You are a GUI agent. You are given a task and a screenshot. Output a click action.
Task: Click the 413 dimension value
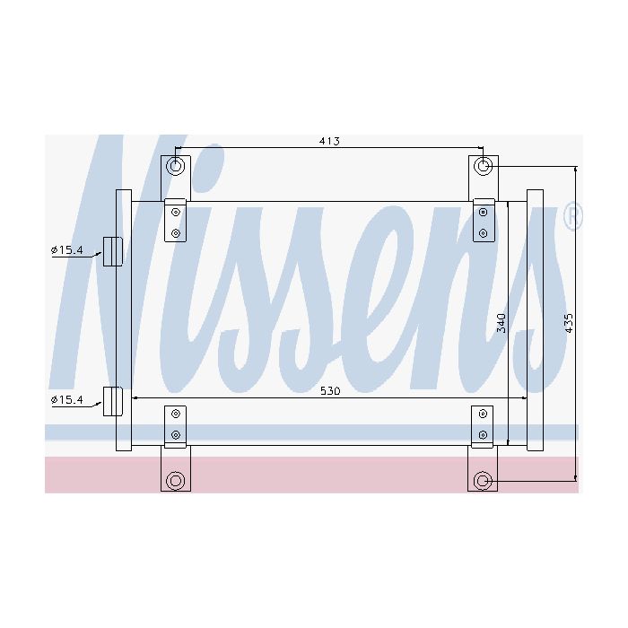tap(329, 141)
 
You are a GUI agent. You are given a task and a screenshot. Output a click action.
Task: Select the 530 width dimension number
tap(330, 390)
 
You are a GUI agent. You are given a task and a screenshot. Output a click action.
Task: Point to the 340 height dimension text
tap(501, 323)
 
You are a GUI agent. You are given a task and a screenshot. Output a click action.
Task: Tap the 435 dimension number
tap(569, 323)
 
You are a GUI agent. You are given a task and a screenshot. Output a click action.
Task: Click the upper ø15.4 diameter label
tap(67, 250)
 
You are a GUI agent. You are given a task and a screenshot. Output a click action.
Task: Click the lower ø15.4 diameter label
tap(67, 399)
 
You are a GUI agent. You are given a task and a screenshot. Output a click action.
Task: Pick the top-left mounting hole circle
tap(176, 166)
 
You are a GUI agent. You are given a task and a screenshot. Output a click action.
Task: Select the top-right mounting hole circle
tap(483, 166)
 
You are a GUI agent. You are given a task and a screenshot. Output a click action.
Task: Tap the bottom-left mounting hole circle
tap(176, 481)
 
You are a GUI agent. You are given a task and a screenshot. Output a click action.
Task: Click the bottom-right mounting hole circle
tap(483, 481)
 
